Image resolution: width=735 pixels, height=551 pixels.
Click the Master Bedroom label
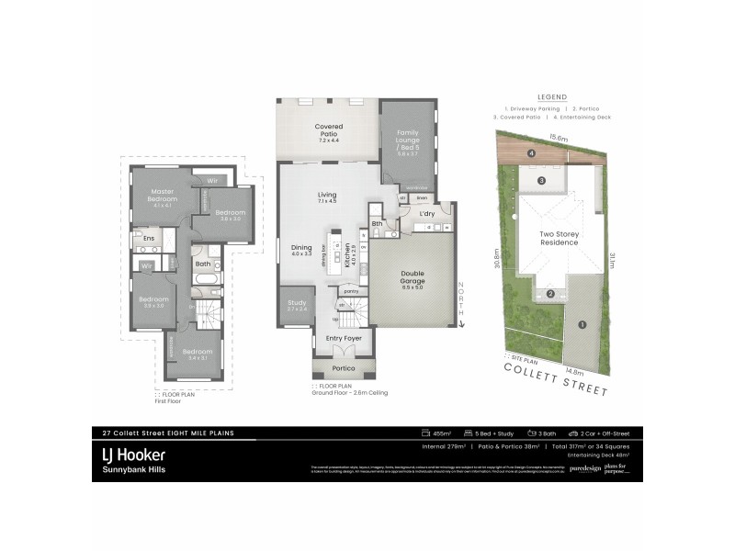coord(164,196)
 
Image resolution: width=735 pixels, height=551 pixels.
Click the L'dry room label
coord(426,214)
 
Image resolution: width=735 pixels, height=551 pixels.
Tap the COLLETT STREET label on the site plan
coord(556,378)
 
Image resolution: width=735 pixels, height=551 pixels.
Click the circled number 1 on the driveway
coord(581,323)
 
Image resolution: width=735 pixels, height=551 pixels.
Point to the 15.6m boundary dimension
coord(559,138)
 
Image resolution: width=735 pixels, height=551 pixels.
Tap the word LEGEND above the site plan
coord(551,96)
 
